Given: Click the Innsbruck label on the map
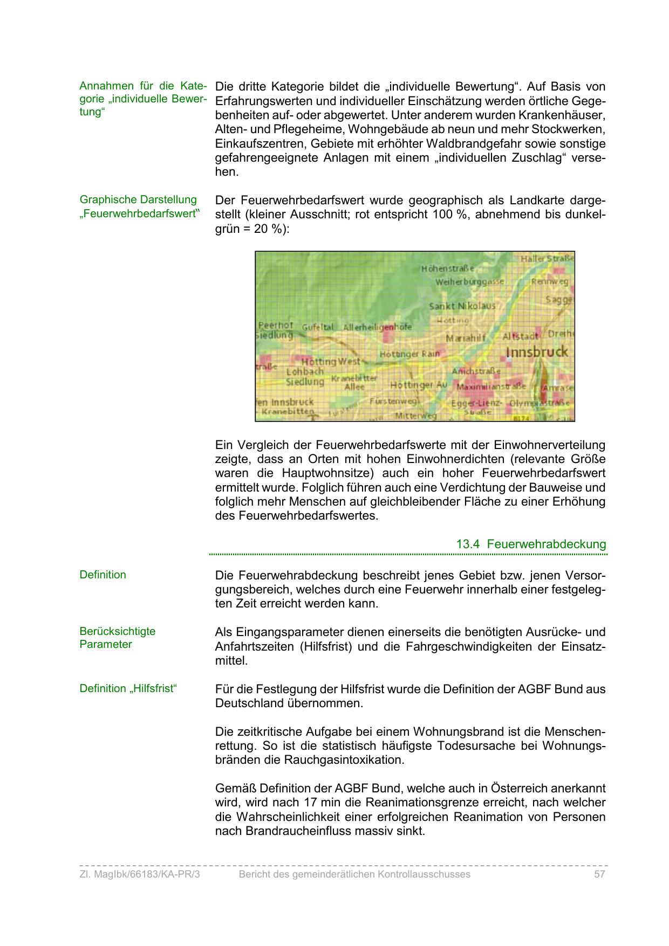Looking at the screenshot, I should (x=537, y=352).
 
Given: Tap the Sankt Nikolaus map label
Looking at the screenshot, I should (x=462, y=306).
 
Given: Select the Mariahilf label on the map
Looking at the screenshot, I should (x=466, y=337).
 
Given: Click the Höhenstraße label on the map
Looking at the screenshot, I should (x=448, y=268).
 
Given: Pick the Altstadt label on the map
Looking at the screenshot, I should (x=521, y=336).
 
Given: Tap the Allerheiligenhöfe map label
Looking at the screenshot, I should (x=377, y=327).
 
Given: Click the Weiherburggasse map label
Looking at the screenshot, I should (x=469, y=282).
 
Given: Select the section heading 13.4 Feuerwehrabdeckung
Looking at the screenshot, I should (x=531, y=544).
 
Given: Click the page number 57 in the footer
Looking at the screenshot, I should (x=599, y=874).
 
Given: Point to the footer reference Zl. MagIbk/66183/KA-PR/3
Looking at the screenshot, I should (x=140, y=874).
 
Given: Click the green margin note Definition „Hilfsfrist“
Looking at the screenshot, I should (x=128, y=688).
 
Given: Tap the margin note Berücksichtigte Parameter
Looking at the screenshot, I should (x=117, y=638).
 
